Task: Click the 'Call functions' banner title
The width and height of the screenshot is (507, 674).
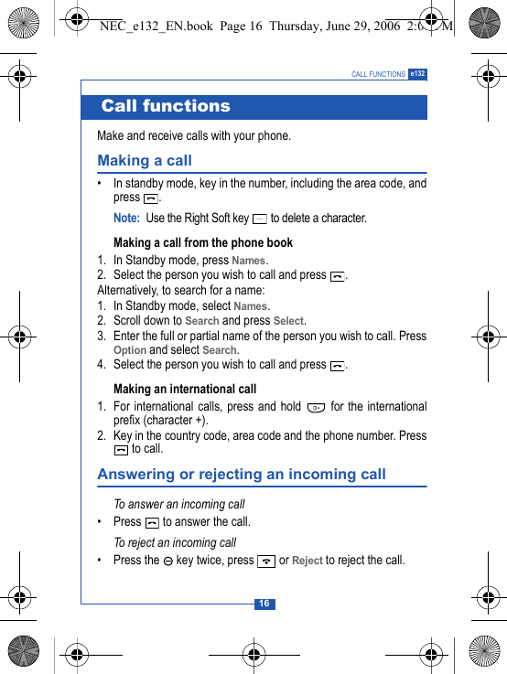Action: pyautogui.click(x=166, y=106)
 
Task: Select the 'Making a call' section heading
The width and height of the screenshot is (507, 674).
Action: pyautogui.click(x=145, y=160)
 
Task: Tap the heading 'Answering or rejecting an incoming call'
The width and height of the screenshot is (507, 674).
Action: pyautogui.click(x=242, y=474)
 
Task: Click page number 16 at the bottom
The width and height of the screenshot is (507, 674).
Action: pyautogui.click(x=264, y=604)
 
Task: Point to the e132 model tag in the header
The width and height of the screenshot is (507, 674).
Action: pyautogui.click(x=417, y=73)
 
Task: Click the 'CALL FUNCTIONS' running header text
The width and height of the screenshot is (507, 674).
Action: pyautogui.click(x=378, y=74)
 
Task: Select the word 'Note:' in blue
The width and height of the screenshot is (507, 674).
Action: pyautogui.click(x=126, y=219)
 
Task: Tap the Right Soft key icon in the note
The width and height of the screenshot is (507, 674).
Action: pyautogui.click(x=260, y=219)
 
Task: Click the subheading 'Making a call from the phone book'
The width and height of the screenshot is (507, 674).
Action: pyautogui.click(x=203, y=242)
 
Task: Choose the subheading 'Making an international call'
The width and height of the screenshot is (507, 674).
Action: pyautogui.click(x=185, y=389)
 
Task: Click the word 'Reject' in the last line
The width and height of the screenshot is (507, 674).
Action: pyautogui.click(x=307, y=561)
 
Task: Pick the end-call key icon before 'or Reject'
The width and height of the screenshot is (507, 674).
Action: pyautogui.click(x=266, y=561)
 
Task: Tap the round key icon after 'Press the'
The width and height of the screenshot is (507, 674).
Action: pyautogui.click(x=168, y=561)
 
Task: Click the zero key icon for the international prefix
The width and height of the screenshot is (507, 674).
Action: pyautogui.click(x=316, y=407)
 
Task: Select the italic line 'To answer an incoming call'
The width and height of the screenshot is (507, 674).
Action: pyautogui.click(x=179, y=504)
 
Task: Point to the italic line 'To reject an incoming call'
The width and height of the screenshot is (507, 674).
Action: pyautogui.click(x=175, y=542)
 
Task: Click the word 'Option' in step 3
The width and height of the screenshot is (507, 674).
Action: pyautogui.click(x=130, y=350)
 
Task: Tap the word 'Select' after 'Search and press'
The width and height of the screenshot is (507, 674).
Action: pyautogui.click(x=288, y=321)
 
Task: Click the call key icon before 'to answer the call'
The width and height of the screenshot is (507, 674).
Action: pyautogui.click(x=152, y=522)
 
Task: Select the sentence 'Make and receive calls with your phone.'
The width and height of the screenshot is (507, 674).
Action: pyautogui.click(x=194, y=135)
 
